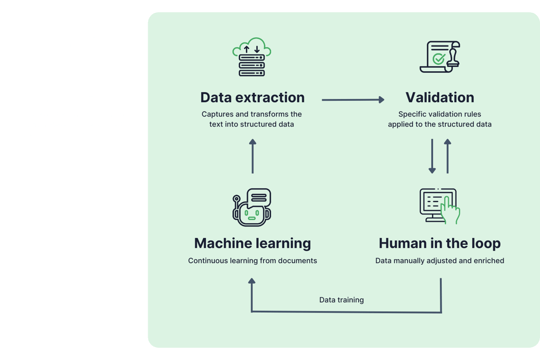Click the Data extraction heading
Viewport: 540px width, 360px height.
point(252,98)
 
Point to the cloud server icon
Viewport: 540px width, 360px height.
point(252,57)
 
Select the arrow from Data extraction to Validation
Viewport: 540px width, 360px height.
point(352,99)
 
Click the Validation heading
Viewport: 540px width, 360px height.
point(440,98)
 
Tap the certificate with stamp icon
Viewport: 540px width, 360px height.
point(440,57)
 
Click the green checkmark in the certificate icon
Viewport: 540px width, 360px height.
point(438,59)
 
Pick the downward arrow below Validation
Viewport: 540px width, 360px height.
point(432,156)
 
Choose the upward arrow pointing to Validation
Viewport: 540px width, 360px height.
point(448,156)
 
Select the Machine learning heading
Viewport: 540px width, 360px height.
point(252,243)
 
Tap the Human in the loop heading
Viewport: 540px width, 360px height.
point(440,243)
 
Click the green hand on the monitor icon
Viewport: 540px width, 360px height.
point(450,211)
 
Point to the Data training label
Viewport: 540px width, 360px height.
point(342,300)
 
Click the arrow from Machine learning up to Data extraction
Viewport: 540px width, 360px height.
point(252,156)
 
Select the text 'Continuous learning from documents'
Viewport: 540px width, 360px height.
point(252,261)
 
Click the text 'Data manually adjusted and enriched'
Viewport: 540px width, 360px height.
point(440,261)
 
